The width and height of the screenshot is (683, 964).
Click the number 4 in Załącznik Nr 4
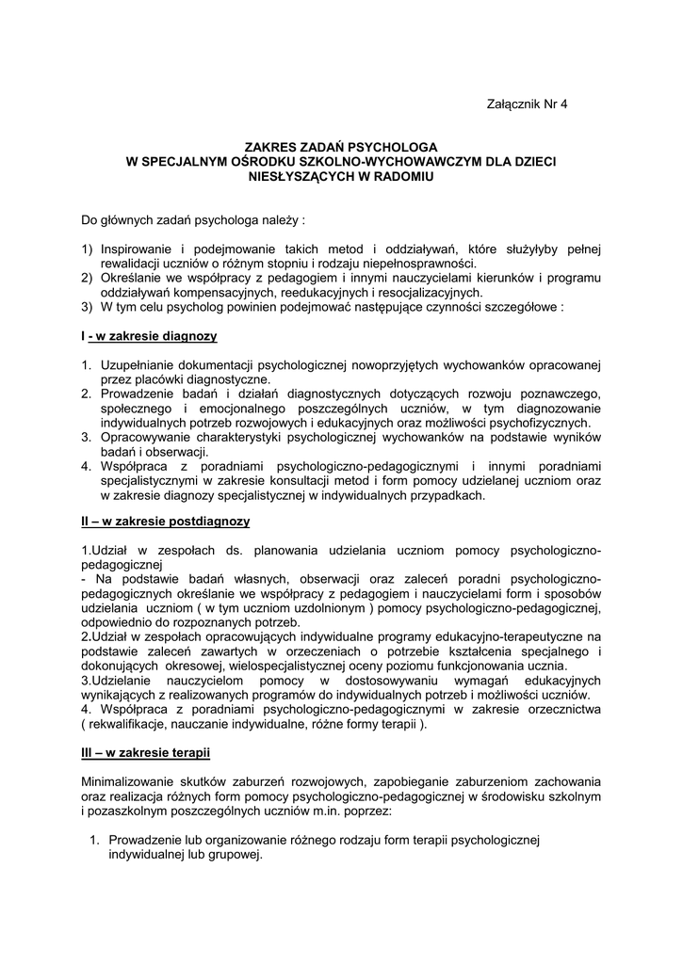click(x=564, y=104)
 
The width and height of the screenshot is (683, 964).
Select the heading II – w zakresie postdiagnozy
click(x=165, y=520)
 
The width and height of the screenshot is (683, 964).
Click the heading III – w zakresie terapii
click(x=145, y=753)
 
